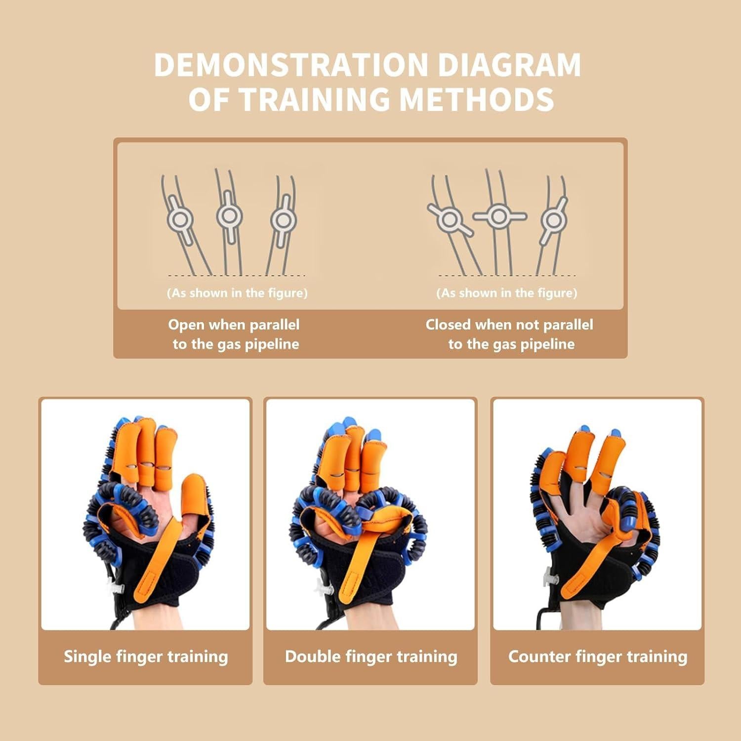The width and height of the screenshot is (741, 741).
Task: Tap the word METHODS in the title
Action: click(x=476, y=99)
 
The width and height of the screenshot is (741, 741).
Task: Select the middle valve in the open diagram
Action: click(x=229, y=216)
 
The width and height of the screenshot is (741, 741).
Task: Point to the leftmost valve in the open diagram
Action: click(x=179, y=219)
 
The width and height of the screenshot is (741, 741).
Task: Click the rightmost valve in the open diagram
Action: click(x=283, y=220)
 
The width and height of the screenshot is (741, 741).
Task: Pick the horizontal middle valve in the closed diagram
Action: click(x=499, y=216)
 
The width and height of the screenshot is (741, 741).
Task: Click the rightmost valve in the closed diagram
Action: click(x=553, y=220)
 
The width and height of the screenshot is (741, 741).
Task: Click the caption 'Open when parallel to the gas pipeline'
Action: click(x=235, y=334)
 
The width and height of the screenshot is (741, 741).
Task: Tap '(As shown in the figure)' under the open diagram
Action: click(x=237, y=293)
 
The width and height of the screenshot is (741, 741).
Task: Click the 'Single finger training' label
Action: click(x=146, y=657)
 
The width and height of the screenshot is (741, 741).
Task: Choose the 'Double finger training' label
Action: click(x=371, y=657)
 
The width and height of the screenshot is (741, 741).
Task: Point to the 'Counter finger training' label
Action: click(x=598, y=657)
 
